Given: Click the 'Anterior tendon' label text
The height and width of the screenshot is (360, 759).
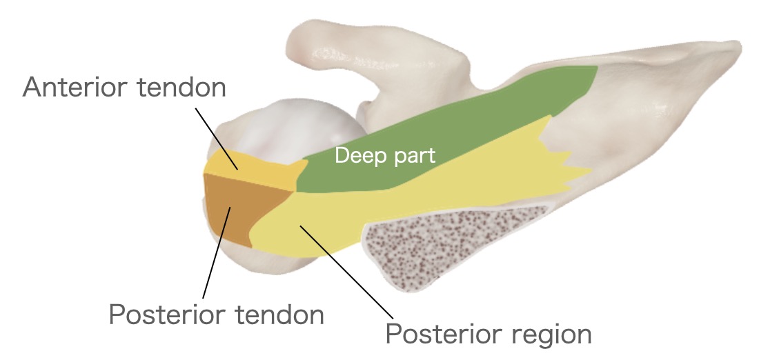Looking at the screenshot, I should (124, 88).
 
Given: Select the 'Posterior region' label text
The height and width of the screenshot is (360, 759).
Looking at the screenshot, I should (488, 334).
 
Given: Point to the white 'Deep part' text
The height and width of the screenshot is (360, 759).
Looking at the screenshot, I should (384, 156).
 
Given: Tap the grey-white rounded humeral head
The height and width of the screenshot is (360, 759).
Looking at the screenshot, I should (290, 128).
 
